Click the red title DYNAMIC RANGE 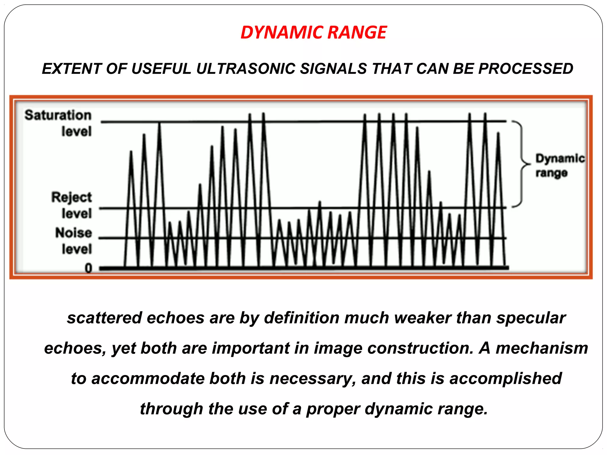313,32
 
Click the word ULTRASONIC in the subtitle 245,69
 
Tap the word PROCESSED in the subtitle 526,69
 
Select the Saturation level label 58,123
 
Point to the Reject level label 72,205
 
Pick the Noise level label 74,241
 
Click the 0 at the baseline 88,268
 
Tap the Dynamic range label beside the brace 560,165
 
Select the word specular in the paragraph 531,318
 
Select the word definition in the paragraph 301,318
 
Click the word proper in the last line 333,409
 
